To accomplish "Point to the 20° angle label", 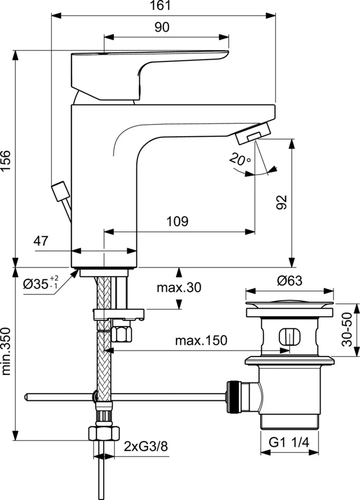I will pyautogui.click(x=241, y=160).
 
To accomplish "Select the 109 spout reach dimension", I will pyautogui.click(x=177, y=221).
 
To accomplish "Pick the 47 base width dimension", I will pyautogui.click(x=40, y=242).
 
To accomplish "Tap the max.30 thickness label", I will pyautogui.click(x=179, y=288).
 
